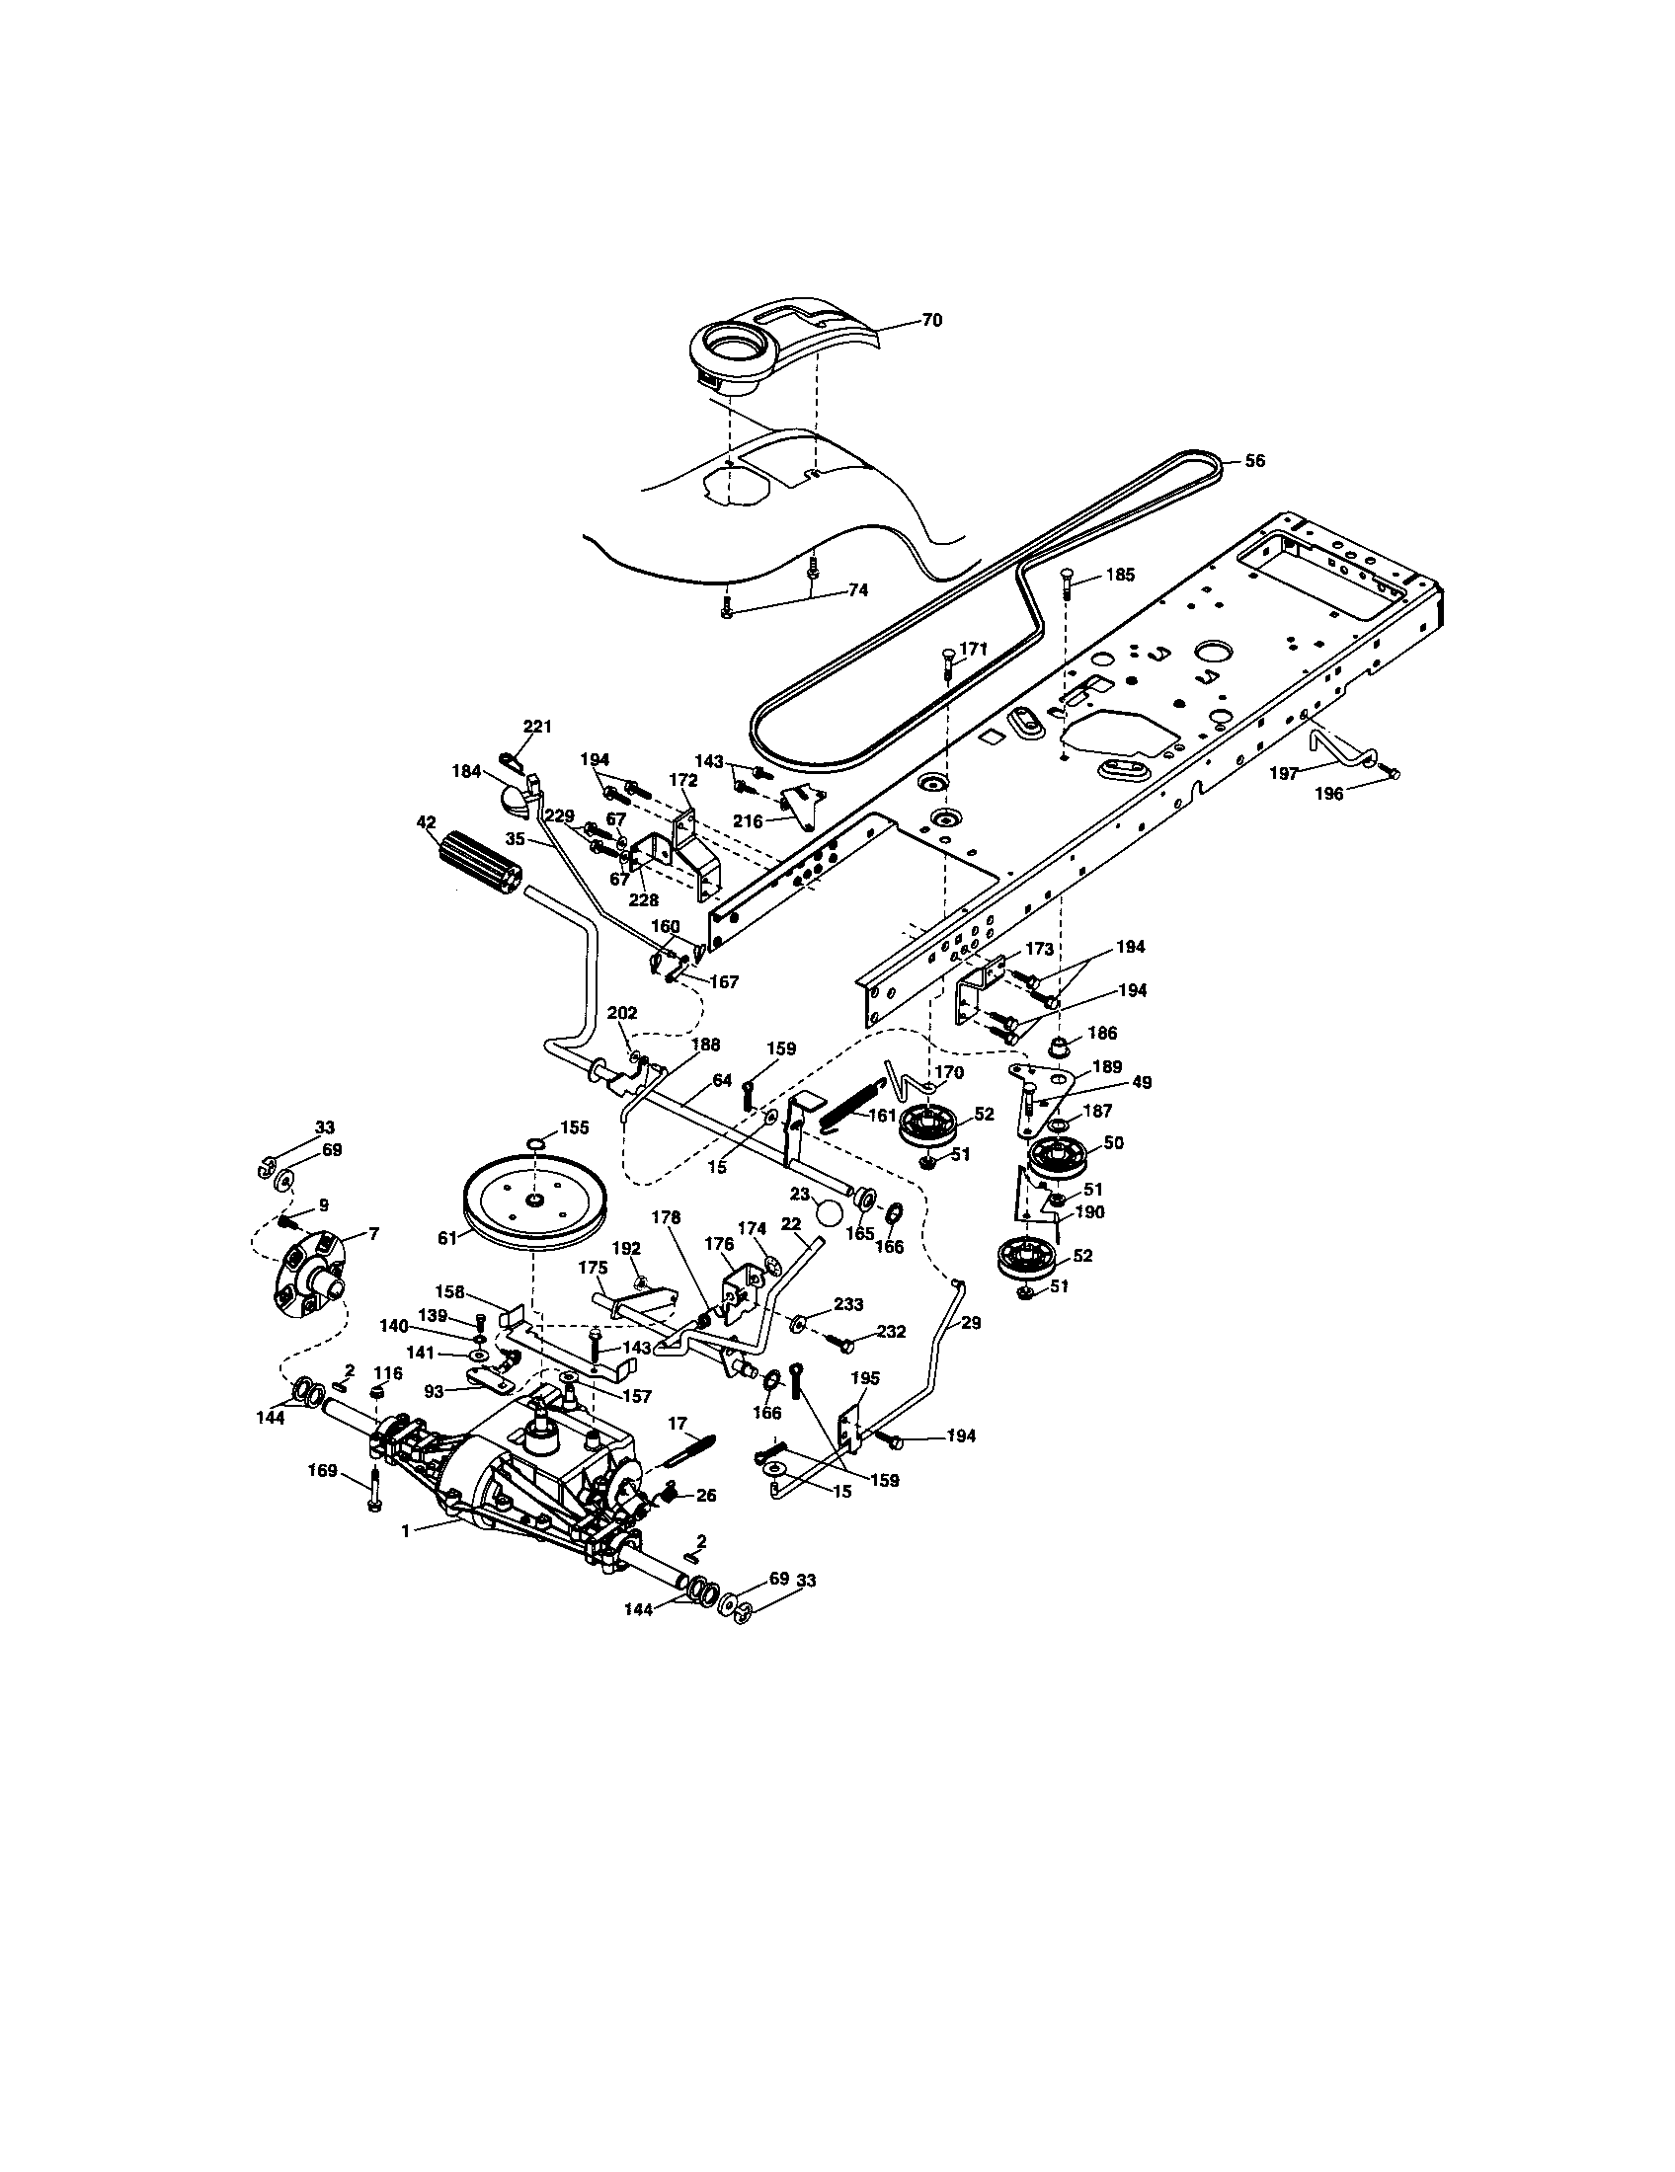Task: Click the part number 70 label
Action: [x=931, y=320]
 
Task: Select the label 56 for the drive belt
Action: [x=1255, y=461]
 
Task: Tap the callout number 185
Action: [x=1120, y=575]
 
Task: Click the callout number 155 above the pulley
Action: [x=574, y=1127]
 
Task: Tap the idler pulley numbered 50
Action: [x=1057, y=1157]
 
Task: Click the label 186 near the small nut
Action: [x=1101, y=1034]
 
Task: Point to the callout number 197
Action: [x=1284, y=773]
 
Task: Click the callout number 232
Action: [x=892, y=1332]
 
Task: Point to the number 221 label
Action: [x=537, y=727]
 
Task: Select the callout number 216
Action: [x=748, y=821]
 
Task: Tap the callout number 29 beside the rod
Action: [x=972, y=1323]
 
